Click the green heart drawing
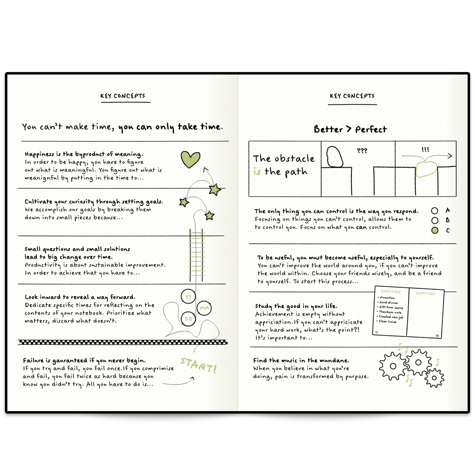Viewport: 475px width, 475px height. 190,159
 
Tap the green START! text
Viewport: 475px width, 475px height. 199,365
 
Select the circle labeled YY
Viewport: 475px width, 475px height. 188,296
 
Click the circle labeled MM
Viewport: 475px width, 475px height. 204,308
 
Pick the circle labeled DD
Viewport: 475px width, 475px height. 188,319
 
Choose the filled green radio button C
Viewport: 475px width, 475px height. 435,230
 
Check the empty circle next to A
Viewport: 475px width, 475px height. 435,210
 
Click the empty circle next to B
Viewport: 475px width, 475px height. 435,220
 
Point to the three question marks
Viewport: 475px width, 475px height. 362,151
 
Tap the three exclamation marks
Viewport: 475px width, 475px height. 425,149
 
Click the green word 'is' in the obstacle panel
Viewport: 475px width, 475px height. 257,172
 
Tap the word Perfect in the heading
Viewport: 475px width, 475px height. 371,129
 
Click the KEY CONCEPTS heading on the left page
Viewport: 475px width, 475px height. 123,96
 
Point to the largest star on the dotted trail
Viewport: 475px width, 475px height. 215,190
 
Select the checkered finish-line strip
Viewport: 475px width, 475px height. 123,342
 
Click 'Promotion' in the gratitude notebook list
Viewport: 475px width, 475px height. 387,298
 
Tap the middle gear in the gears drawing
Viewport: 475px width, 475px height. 418,362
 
